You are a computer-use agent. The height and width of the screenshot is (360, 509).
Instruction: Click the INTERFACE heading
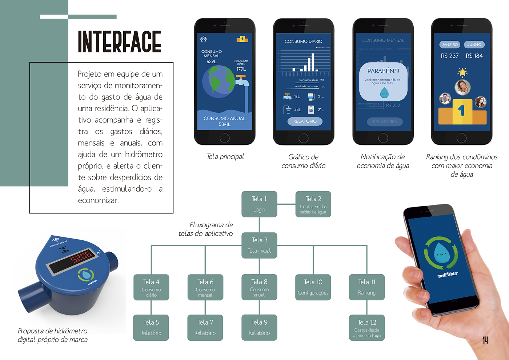click(x=119, y=42)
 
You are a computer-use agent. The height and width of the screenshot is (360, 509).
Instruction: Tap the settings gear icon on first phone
click(x=204, y=39)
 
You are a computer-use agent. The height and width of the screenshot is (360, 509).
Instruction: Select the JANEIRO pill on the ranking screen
click(x=450, y=45)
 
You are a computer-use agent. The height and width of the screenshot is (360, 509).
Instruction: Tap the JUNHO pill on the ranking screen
click(x=474, y=45)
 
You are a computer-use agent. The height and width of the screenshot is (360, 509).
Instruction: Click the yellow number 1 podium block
click(x=462, y=111)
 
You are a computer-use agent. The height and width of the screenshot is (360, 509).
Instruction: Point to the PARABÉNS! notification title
click(x=383, y=71)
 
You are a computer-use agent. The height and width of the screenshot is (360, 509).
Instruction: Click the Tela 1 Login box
click(x=259, y=204)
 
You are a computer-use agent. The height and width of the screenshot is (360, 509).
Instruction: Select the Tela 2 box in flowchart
click(x=313, y=204)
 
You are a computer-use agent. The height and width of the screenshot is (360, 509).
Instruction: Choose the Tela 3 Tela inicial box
click(x=259, y=245)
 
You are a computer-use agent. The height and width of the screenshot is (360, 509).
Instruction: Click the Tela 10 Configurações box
click(x=313, y=287)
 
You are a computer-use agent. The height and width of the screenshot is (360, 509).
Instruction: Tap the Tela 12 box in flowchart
click(x=367, y=328)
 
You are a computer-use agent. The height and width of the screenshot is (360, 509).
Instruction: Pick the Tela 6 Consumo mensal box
click(x=205, y=287)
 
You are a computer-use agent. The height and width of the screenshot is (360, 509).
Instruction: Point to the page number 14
click(x=485, y=340)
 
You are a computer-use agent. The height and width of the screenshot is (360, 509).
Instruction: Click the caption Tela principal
click(x=225, y=157)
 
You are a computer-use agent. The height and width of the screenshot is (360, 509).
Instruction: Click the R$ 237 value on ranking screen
click(x=450, y=56)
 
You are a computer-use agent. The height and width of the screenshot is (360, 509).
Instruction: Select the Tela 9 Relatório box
click(x=259, y=328)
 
